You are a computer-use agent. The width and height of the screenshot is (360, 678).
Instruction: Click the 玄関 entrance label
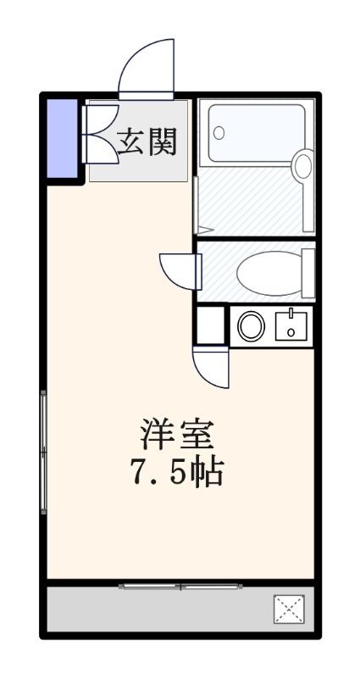coord(152,142)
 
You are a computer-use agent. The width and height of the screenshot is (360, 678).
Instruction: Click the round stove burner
coord(251,326)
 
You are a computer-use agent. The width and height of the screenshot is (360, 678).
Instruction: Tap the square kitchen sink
coord(291,325)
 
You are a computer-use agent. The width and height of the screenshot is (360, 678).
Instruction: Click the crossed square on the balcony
coord(289,609)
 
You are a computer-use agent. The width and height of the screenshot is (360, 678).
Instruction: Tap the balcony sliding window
coord(180,586)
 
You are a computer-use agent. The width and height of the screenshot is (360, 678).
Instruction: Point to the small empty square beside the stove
coord(211,324)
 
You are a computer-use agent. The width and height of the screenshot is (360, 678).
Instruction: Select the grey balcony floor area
coord(161,609)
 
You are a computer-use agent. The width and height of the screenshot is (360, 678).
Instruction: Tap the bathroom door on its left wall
coord(196,203)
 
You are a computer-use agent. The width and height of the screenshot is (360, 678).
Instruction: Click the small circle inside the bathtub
coord(219,133)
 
